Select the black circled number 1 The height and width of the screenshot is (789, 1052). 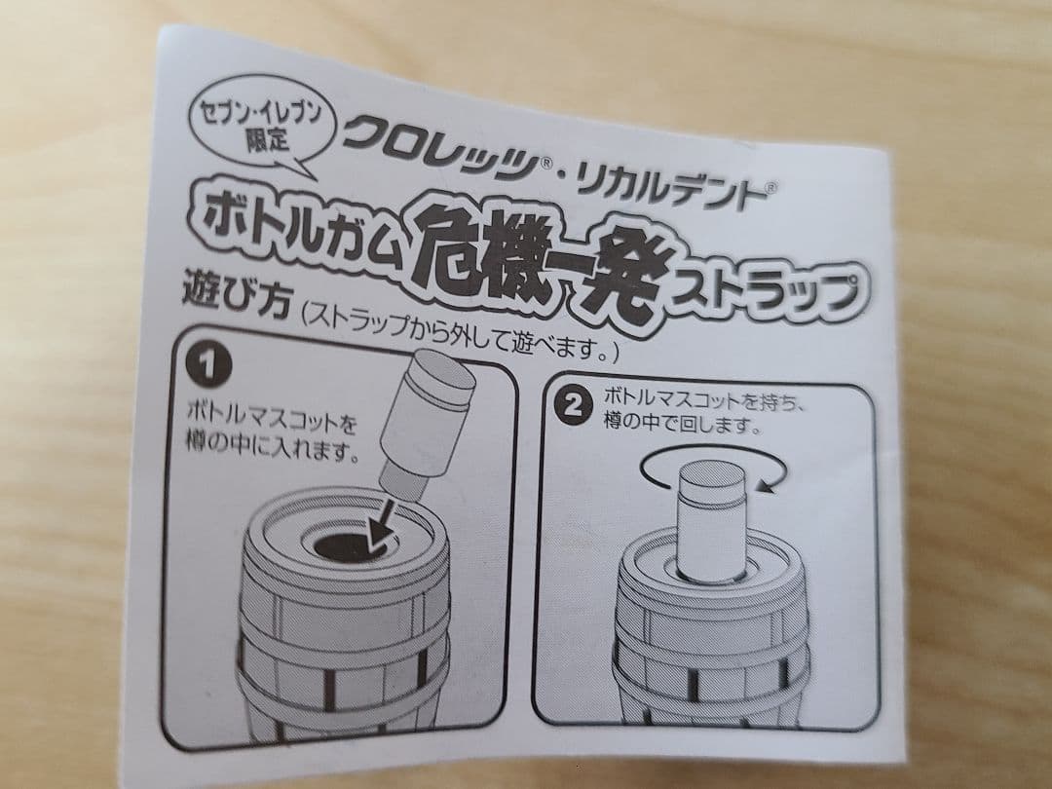(208, 365)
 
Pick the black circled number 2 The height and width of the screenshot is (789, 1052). (573, 406)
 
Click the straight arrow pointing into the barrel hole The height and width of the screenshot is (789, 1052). (381, 525)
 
